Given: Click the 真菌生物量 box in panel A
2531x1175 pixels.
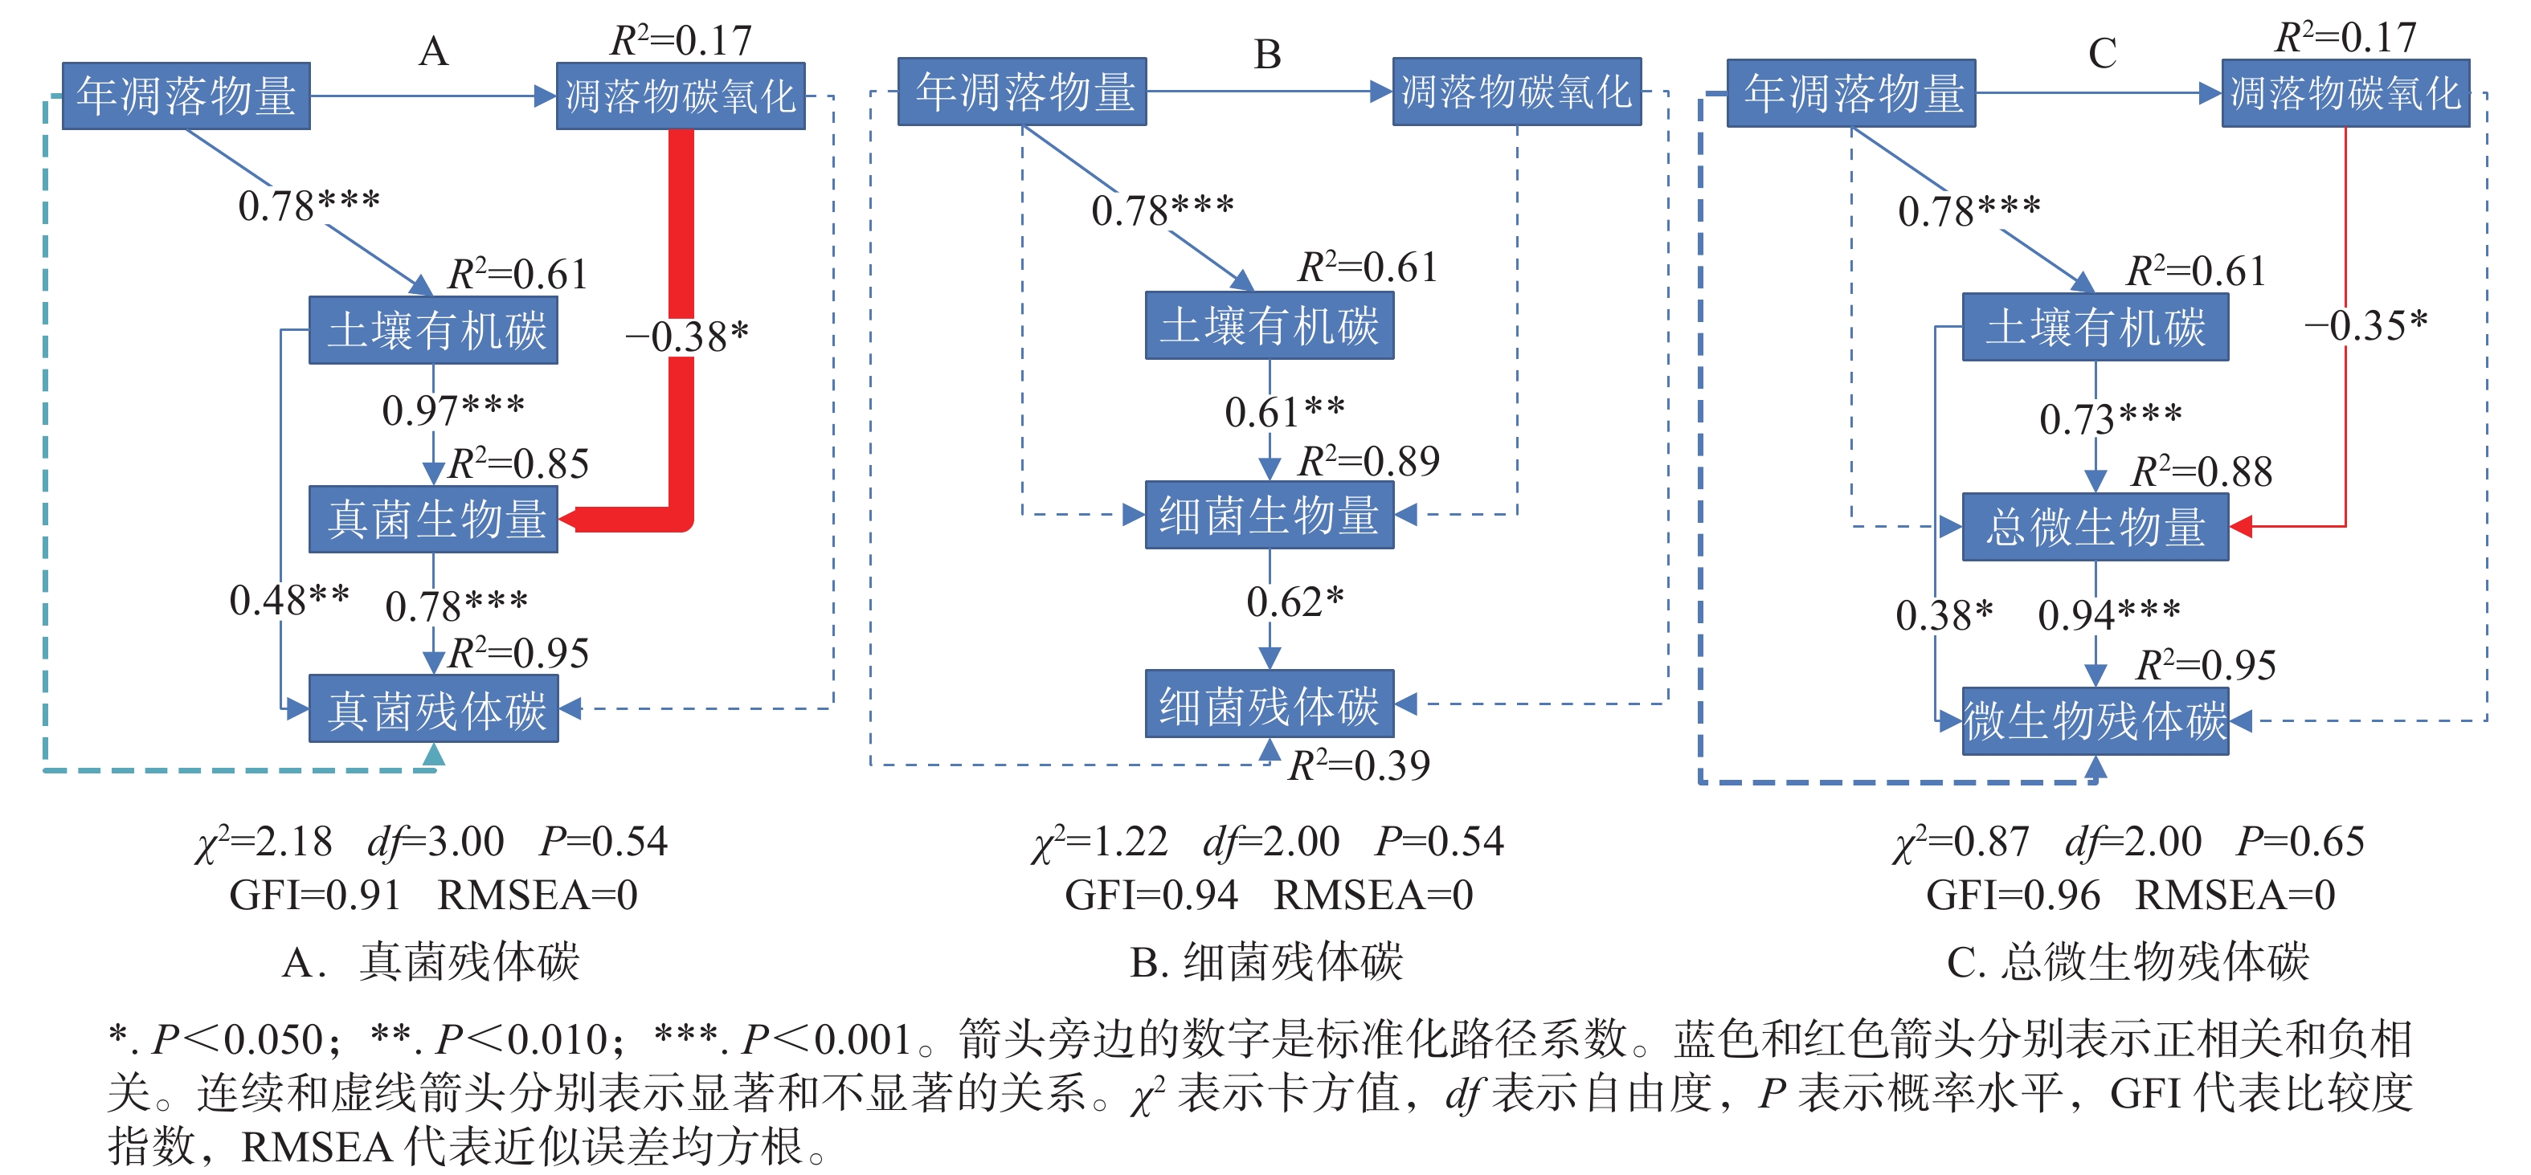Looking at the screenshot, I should coord(433,519).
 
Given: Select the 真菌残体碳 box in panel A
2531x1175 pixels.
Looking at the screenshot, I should coord(433,708).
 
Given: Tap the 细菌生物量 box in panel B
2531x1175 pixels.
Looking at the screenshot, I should coord(1269,515).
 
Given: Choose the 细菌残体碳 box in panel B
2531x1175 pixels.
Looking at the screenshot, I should coord(1269,704).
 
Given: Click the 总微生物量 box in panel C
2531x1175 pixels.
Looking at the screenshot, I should coord(2095,527).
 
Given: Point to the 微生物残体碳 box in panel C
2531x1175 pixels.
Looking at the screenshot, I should coord(2095,720).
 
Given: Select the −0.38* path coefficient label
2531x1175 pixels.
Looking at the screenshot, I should coord(687,336).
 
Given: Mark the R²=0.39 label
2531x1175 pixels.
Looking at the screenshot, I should coord(1359,765).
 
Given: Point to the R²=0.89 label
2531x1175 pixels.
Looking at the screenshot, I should coord(1368,461).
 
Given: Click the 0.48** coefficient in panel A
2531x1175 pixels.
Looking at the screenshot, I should coord(289,599).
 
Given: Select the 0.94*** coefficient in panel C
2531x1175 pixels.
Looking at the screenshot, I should coord(2108,615).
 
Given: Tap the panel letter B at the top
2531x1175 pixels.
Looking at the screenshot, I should coord(1267,54).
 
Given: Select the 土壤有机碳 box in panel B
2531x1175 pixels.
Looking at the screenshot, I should coord(1269,325).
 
